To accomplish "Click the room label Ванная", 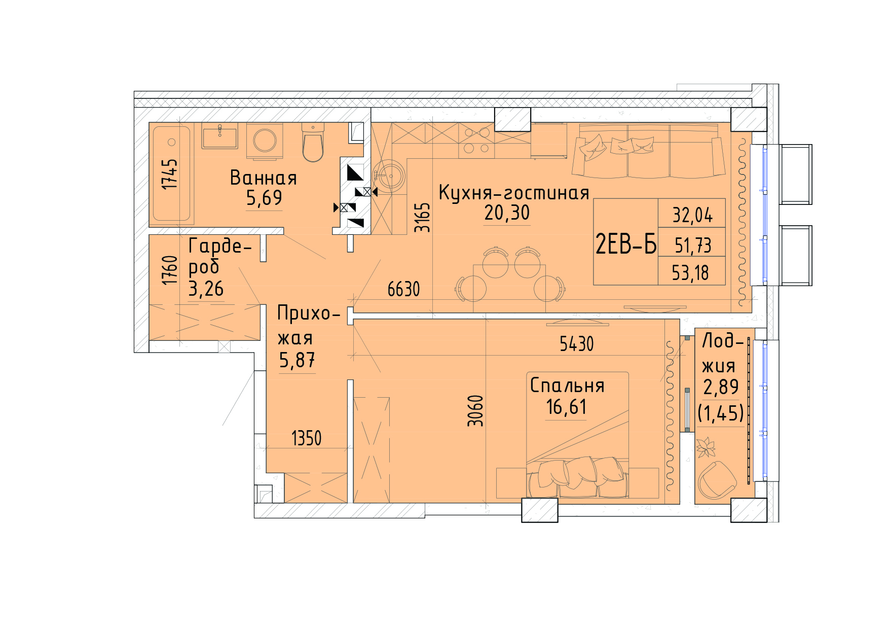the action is pos(263,178).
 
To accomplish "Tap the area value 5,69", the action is pos(264,198).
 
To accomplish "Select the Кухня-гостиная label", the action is pos(513,193).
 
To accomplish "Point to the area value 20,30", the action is pos(507,213).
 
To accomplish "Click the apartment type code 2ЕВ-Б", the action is pos(626,244).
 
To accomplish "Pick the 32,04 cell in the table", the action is pos(692,215).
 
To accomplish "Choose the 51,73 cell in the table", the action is pos(692,246).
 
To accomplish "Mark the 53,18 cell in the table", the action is pos(691,273).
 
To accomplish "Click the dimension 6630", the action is pos(404,289).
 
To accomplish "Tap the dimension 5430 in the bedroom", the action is pos(576,344).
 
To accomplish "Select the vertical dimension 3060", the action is pos(475,411).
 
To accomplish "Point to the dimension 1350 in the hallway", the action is pos(307,438).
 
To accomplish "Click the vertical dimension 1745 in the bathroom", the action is pos(170,174).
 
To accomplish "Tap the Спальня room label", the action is pos(567,386).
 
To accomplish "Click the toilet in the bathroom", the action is pos(313,142).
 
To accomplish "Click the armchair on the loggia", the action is pos(717,479).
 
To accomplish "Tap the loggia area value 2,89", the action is pos(720,387).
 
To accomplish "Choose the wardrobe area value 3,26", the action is pos(206,289).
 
